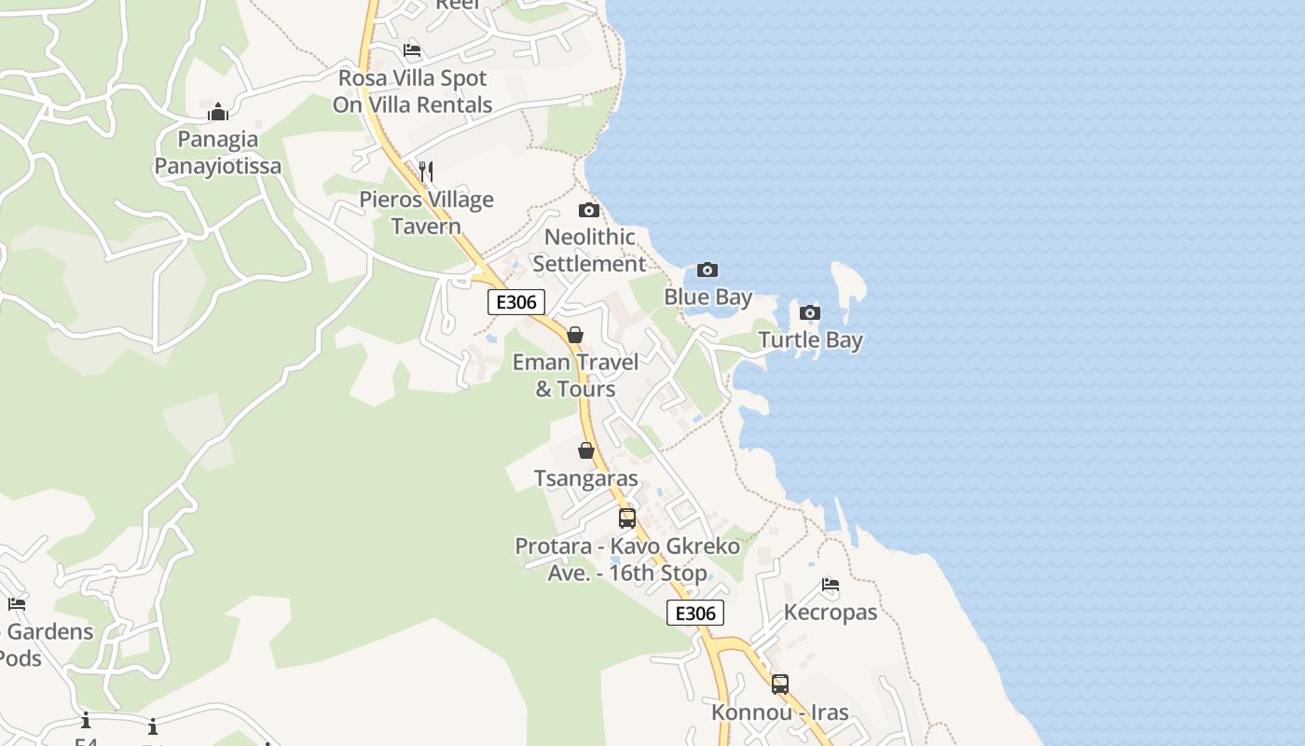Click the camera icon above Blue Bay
pyautogui.click(x=707, y=270)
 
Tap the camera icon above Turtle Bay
pyautogui.click(x=810, y=312)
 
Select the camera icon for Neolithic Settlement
pyautogui.click(x=588, y=210)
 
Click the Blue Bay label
pyautogui.click(x=707, y=297)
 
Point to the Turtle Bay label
pyautogui.click(x=810, y=339)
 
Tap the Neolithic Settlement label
pyautogui.click(x=589, y=250)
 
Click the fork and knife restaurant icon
pyautogui.click(x=426, y=171)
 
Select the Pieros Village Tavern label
pyautogui.click(x=426, y=213)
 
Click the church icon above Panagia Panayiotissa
pyautogui.click(x=218, y=112)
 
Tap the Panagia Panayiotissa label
pyautogui.click(x=218, y=153)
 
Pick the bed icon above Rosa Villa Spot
pyautogui.click(x=412, y=50)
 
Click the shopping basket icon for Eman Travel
pyautogui.click(x=575, y=335)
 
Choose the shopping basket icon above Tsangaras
pyautogui.click(x=586, y=451)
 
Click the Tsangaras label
pyautogui.click(x=586, y=478)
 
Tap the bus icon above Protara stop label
pyautogui.click(x=627, y=518)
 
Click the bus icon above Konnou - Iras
pyautogui.click(x=779, y=684)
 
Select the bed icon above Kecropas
pyautogui.click(x=831, y=585)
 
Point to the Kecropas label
pyautogui.click(x=831, y=613)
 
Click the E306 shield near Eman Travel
pyautogui.click(x=515, y=302)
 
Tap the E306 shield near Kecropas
pyautogui.click(x=695, y=613)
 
